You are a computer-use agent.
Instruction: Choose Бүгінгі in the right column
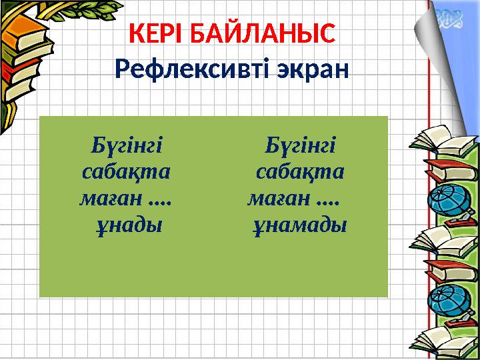click(300, 145)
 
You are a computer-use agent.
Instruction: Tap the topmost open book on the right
click(437, 137)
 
